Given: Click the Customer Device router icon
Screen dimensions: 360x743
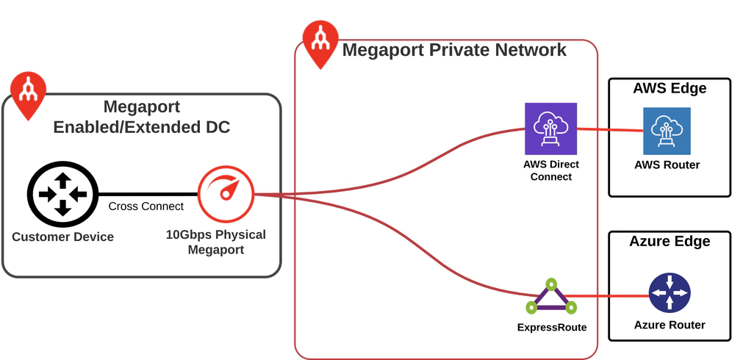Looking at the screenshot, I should tap(62, 195).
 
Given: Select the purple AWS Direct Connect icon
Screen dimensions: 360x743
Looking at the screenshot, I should tap(550, 129).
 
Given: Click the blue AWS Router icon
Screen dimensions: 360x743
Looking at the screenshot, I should tap(667, 131).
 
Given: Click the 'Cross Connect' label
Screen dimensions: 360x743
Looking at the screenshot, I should tap(146, 206).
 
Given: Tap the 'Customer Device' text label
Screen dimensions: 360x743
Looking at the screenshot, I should tap(62, 237).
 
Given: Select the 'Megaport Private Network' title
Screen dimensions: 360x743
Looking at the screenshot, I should tap(454, 50).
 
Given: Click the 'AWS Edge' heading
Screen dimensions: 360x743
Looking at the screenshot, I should tap(670, 88).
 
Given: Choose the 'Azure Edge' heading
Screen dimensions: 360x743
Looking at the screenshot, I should tap(670, 241).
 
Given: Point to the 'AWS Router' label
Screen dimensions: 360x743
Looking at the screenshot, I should tap(667, 165).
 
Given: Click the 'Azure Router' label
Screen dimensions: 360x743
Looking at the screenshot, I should tap(669, 325).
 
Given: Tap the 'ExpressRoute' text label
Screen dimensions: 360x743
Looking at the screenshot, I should tap(552, 327).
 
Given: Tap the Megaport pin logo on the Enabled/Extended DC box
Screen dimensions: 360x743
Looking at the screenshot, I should tap(28, 94).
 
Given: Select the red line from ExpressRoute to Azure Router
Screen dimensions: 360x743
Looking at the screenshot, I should tap(606, 296).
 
